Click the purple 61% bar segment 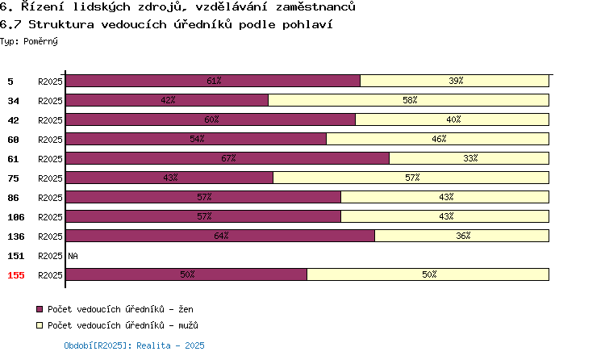tap(213, 81)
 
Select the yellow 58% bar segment tap(409, 100)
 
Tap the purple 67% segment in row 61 tap(227, 158)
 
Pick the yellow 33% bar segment tap(469, 158)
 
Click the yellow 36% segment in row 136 tap(462, 236)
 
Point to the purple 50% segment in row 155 tap(187, 274)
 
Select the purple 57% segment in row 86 tap(203, 197)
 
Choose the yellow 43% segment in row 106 tap(444, 216)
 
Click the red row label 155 tap(16, 275)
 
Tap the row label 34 tap(13, 101)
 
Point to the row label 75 tap(13, 178)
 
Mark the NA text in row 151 tap(73, 256)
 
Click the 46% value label tap(439, 139)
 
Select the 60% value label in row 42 tap(211, 119)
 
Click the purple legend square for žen tap(40, 309)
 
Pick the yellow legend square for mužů tap(40, 325)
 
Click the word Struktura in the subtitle tap(61, 24)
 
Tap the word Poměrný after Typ tap(40, 41)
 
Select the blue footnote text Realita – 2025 tap(170, 345)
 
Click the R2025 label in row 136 tap(50, 237)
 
